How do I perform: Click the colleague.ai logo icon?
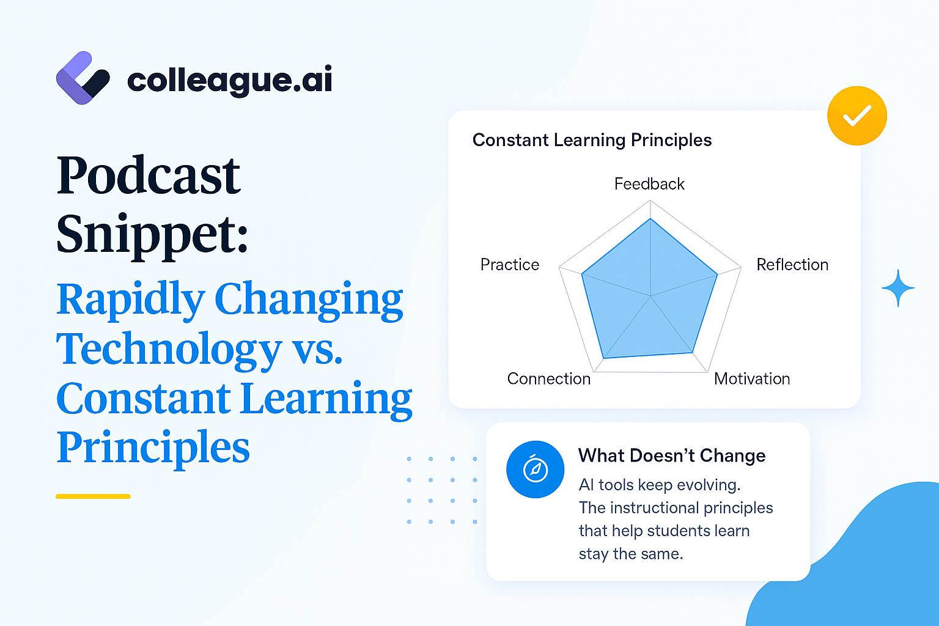[x=83, y=78]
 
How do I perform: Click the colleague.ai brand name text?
[x=230, y=81]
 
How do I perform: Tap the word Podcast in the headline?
[x=149, y=175]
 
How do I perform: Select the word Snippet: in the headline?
[x=152, y=235]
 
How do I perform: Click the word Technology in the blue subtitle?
[x=169, y=349]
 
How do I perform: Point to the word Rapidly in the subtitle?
[x=131, y=300]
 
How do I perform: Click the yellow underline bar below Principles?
[x=93, y=496]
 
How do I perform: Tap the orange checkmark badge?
[x=857, y=116]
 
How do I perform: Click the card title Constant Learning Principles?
[x=592, y=140]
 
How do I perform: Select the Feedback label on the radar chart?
[x=649, y=184]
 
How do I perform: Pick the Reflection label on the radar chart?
[x=792, y=265]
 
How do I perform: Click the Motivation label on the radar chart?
[x=752, y=379]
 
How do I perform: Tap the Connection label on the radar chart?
[x=549, y=379]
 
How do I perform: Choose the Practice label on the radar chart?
[x=510, y=265]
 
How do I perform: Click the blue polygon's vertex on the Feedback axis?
[x=650, y=219]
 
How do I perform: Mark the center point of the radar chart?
[x=650, y=296]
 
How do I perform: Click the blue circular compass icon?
[x=536, y=469]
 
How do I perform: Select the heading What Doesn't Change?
[x=672, y=456]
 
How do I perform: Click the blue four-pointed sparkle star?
[x=898, y=288]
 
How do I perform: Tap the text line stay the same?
[x=631, y=554]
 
